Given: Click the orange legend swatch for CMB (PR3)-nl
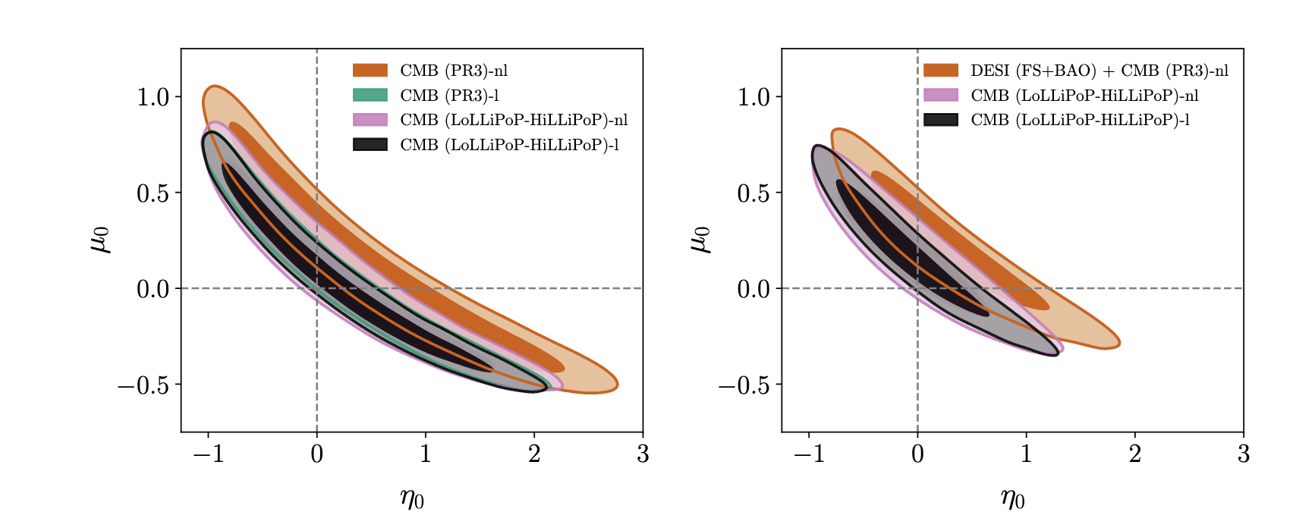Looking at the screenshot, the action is (370, 71).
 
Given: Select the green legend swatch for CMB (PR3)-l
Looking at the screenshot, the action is (370, 96).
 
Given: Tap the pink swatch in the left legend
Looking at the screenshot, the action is (370, 120).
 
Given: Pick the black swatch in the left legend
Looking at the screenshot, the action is (370, 145).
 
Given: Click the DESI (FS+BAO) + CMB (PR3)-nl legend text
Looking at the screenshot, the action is (1099, 71).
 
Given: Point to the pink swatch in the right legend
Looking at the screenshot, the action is (941, 96).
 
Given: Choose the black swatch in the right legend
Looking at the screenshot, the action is (941, 120).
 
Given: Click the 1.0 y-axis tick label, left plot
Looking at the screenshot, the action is (153, 96).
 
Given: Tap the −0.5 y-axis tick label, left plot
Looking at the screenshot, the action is (143, 385).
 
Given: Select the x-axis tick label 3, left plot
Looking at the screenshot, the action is (643, 454).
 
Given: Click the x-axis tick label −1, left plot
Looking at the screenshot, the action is (208, 454).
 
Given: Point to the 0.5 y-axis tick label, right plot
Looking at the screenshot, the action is (753, 193).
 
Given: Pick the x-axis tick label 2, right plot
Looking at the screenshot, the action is (1135, 454).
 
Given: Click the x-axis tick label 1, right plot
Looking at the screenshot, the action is (1027, 454).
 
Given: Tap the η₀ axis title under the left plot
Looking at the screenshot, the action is (412, 499).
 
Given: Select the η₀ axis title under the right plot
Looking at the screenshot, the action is (1012, 499).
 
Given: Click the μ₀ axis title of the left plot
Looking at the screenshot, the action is (101, 240).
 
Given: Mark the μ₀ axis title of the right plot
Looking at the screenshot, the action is (701, 240).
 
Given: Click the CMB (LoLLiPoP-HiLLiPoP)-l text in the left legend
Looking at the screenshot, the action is (510, 145).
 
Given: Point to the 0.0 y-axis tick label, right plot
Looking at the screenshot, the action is (753, 289).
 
